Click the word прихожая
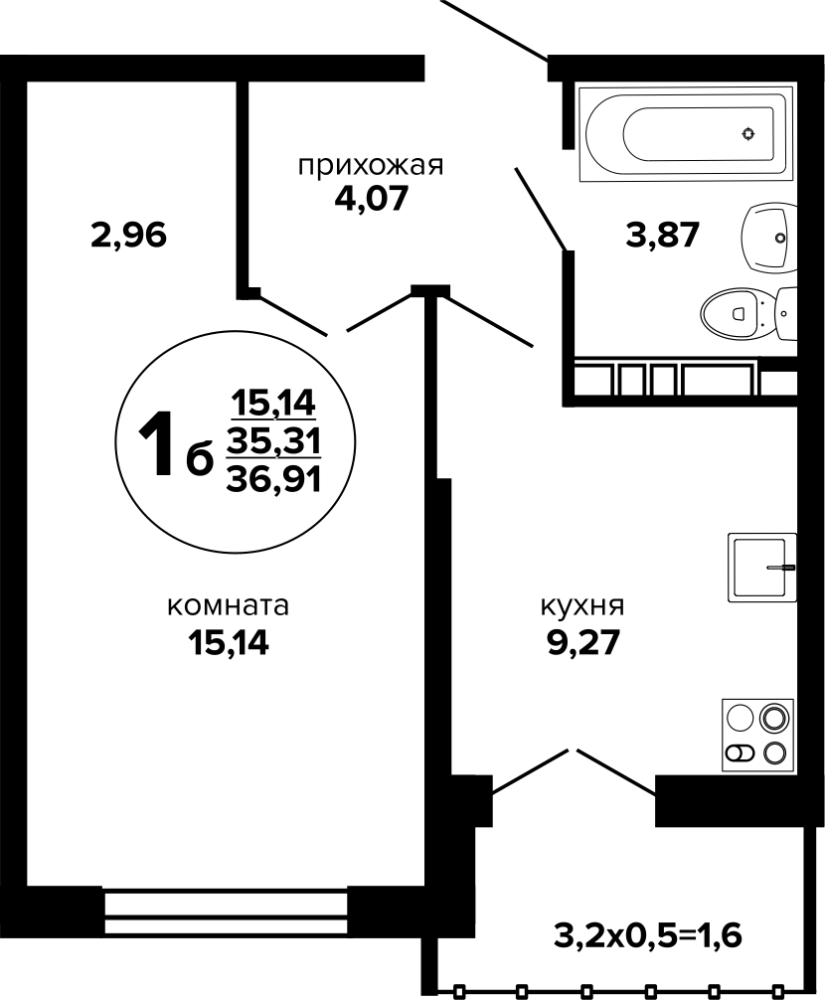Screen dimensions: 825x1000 [x=371, y=166]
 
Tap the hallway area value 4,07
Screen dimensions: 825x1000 [x=371, y=200]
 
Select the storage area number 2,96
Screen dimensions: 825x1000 [x=129, y=236]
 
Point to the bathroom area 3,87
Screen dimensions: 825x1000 [x=663, y=235]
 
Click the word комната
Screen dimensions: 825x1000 [x=229, y=606]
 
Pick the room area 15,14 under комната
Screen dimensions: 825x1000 [x=229, y=643]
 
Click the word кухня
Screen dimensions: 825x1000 [x=582, y=606]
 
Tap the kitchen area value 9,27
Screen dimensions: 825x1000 [x=582, y=643]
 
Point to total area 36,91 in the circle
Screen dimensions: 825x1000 [x=273, y=478]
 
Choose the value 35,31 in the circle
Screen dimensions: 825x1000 [x=273, y=440]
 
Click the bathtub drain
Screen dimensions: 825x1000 [x=747, y=133]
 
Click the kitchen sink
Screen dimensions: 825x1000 [x=762, y=567]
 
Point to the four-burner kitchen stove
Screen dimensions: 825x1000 [x=758, y=736]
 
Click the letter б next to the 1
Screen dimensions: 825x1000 [x=198, y=458]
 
